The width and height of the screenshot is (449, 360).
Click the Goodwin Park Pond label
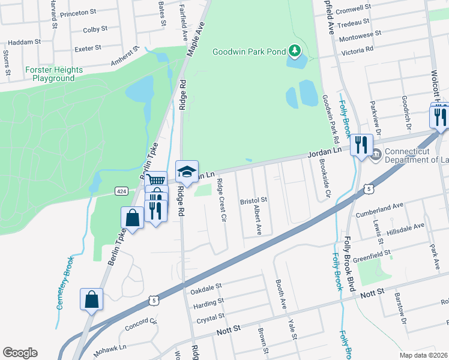249,52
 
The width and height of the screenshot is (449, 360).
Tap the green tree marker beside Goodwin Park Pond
294,51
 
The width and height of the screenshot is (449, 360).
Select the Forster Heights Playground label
54,74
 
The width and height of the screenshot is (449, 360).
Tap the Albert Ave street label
258,220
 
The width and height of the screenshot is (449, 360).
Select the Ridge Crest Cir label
221,200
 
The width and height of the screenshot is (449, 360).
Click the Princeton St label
79,12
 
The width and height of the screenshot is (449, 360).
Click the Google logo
20,353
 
